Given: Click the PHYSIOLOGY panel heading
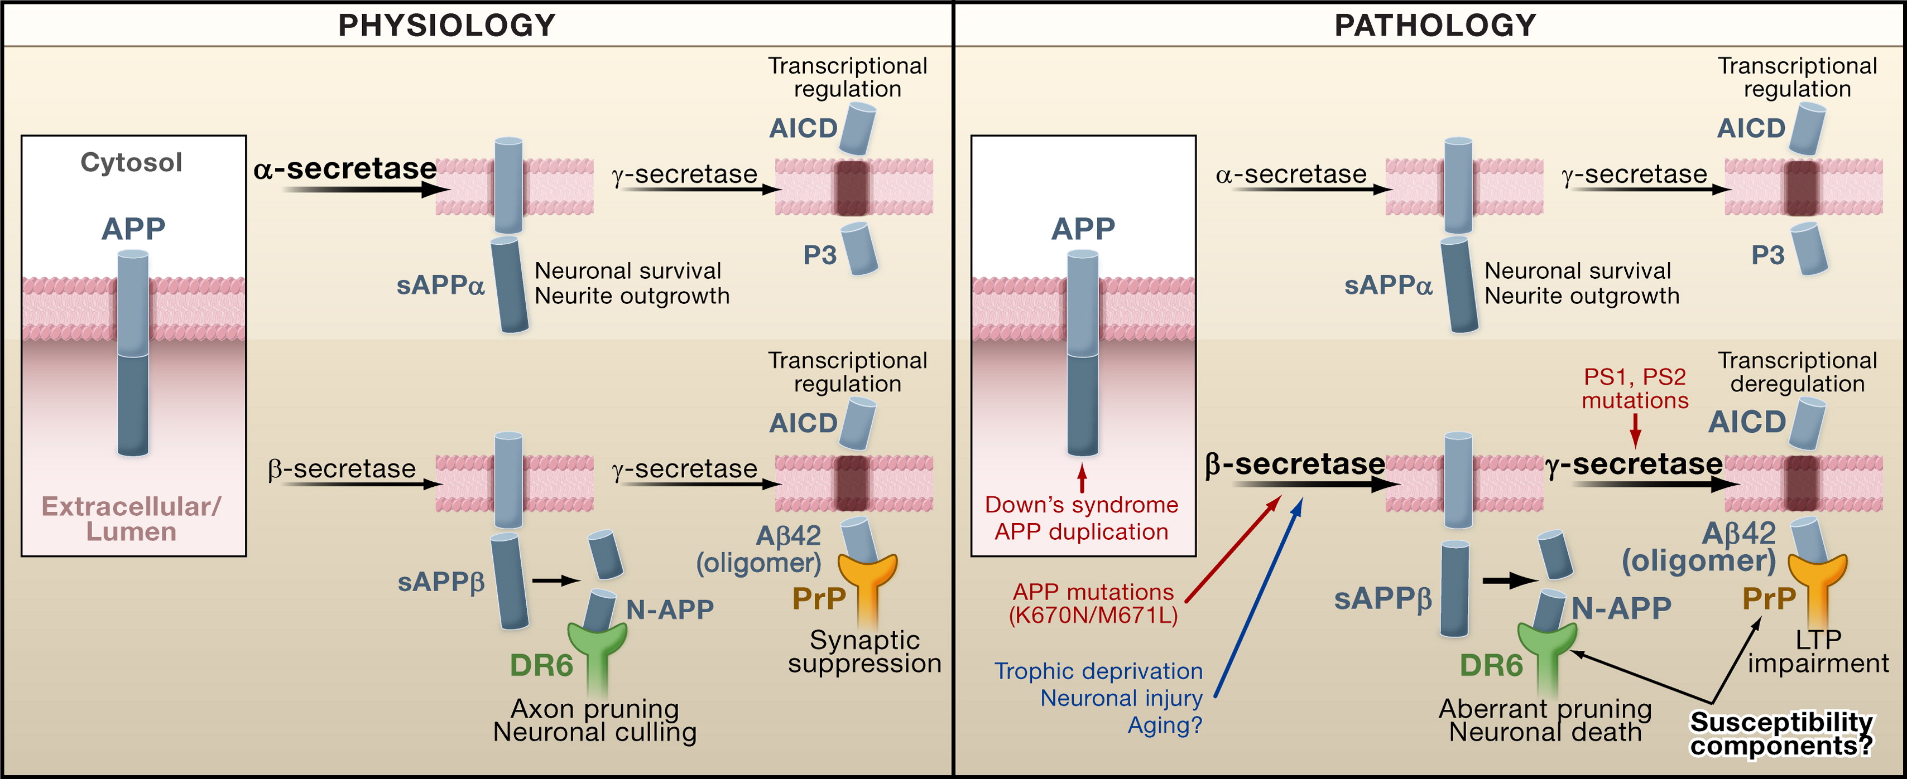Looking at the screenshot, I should coord(446,25).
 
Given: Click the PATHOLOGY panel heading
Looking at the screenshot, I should coord(1435,25).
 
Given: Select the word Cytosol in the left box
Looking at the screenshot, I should coord(131,162).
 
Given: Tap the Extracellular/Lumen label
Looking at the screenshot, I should coord(131,519).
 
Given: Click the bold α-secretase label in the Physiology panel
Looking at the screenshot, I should coord(345,168).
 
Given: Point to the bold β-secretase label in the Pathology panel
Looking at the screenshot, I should coord(1295,464).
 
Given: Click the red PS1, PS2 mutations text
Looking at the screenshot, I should coord(1635,389).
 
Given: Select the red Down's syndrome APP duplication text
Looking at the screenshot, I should coord(1082,518).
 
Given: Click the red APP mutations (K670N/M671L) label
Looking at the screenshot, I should coord(1093,603).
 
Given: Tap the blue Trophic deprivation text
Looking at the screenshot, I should coord(1098,671).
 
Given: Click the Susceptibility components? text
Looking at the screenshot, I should coord(1781,733).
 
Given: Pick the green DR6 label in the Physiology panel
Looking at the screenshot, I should coord(541,666).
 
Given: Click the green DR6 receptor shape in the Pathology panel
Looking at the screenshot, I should coord(1546,651).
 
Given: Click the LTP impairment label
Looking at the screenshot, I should coord(1818,651).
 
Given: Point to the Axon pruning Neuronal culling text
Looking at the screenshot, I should coord(595,720).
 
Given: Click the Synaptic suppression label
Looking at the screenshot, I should coord(864,651).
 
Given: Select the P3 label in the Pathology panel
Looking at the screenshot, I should coord(1768,255).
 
